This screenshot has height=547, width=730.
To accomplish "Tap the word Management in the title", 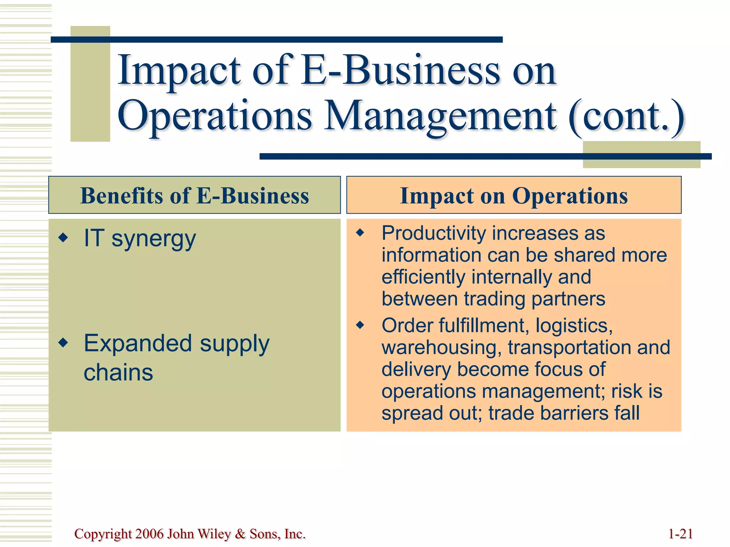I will pyautogui.click(x=441, y=116).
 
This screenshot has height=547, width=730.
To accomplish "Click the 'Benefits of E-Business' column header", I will pyautogui.click(x=195, y=196).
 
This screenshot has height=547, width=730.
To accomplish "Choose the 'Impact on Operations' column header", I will pyautogui.click(x=514, y=196).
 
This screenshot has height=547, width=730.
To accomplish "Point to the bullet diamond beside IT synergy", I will pyautogui.click(x=63, y=238).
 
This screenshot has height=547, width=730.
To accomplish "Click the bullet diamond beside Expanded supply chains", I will pyautogui.click(x=63, y=343).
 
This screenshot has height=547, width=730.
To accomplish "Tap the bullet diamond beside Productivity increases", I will pyautogui.click(x=361, y=233).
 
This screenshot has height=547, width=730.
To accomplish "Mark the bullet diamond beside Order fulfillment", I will pyautogui.click(x=361, y=325).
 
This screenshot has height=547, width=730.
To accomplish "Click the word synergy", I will pyautogui.click(x=154, y=239).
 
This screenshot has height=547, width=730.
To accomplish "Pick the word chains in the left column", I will pyautogui.click(x=118, y=373).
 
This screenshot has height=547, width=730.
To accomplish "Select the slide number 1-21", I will pyautogui.click(x=680, y=534).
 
